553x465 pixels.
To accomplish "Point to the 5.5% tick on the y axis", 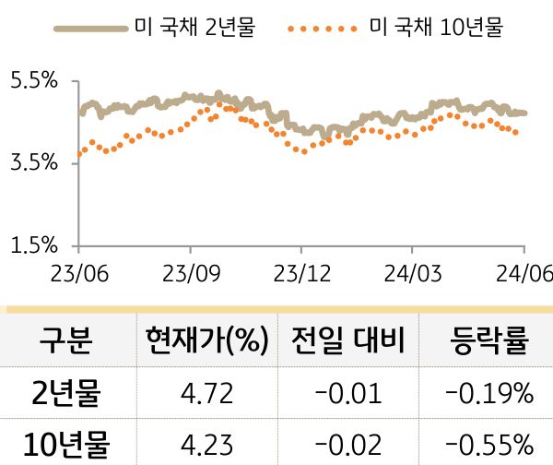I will point(33,81).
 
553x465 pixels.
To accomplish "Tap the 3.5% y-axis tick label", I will point(33,163).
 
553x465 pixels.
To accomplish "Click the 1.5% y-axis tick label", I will point(33,245).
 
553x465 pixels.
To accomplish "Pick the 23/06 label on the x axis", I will point(79,276).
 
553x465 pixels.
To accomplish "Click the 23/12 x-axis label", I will point(301,276).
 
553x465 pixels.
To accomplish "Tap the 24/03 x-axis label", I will point(412,276).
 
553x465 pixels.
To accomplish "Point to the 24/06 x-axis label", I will point(523,276).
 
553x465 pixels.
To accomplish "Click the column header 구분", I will point(65,342).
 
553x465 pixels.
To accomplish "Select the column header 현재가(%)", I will point(206,342).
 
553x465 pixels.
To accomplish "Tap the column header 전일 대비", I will point(347,342).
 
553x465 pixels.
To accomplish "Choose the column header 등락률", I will point(488,342).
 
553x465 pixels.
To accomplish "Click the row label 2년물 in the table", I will point(65,394).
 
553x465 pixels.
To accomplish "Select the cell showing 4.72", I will point(206,395).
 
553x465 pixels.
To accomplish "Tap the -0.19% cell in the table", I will point(488,395).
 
